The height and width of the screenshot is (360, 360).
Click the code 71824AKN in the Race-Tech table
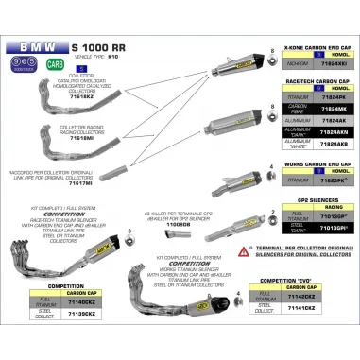[x=334, y=133]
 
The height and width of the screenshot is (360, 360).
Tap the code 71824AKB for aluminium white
[x=334, y=146]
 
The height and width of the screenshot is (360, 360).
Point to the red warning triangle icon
[x=244, y=249]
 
